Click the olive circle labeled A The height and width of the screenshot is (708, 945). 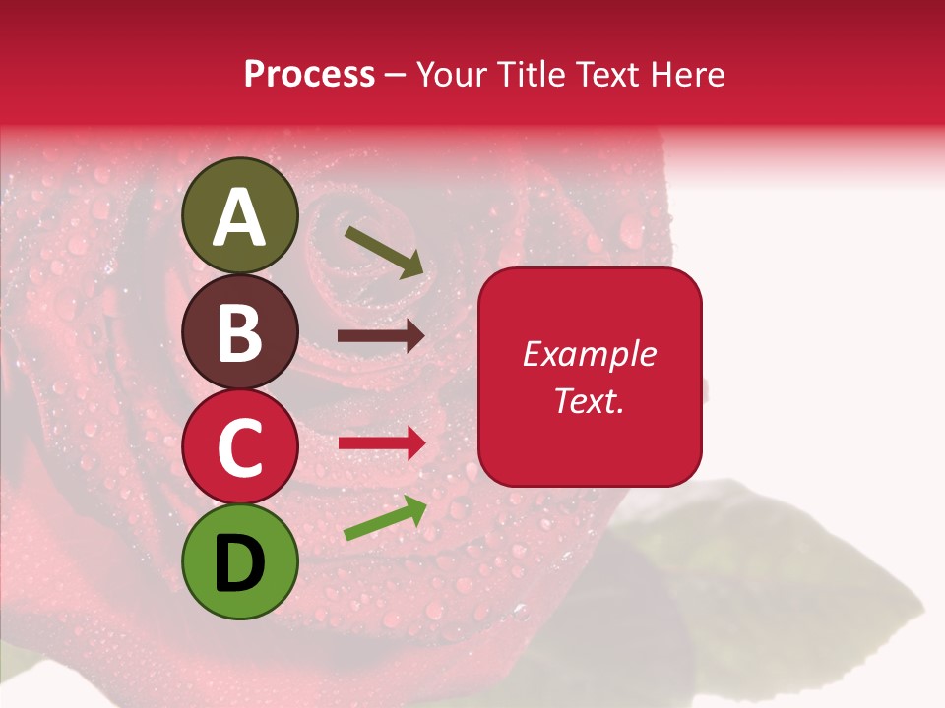pyautogui.click(x=240, y=215)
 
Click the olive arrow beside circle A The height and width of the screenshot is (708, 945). pyautogui.click(x=384, y=251)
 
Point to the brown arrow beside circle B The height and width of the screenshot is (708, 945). pyautogui.click(x=381, y=336)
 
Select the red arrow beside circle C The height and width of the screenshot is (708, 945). pyautogui.click(x=381, y=442)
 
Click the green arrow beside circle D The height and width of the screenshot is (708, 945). pyautogui.click(x=385, y=519)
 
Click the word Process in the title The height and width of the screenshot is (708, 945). pyautogui.click(x=309, y=75)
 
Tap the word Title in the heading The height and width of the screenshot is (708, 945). pyautogui.click(x=529, y=75)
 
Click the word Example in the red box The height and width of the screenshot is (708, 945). pyautogui.click(x=589, y=354)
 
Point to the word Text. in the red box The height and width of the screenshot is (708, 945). pyautogui.click(x=589, y=400)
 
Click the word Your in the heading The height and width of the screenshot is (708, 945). pyautogui.click(x=450, y=75)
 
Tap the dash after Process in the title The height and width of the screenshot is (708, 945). pyautogui.click(x=395, y=76)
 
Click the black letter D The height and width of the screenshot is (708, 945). pyautogui.click(x=240, y=561)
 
